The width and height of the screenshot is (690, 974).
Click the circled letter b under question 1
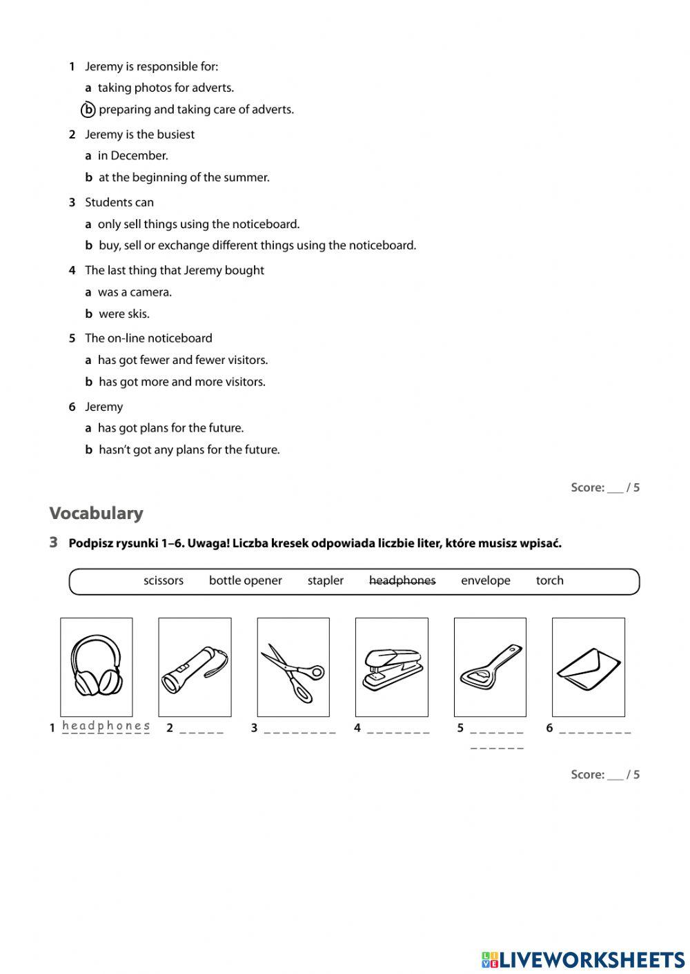[88, 110]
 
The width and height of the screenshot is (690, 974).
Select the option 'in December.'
[132, 156]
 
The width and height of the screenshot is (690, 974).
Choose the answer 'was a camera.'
[135, 292]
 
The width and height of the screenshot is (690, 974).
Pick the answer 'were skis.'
[124, 314]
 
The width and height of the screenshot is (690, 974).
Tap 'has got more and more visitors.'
[181, 382]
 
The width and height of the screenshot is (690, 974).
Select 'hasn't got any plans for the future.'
[188, 449]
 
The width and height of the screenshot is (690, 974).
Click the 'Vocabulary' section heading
[96, 513]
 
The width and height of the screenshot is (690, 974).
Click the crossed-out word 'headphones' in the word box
[402, 580]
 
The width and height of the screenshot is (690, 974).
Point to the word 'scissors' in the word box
[164, 580]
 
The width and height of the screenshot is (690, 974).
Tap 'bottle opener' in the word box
[245, 580]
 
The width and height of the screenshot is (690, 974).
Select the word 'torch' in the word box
[549, 580]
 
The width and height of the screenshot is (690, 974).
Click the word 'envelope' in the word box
[485, 580]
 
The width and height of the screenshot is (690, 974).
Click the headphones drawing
[97, 667]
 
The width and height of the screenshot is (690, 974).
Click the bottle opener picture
[490, 667]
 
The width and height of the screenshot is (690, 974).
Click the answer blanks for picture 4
[398, 729]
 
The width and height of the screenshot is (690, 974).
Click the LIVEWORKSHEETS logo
[583, 960]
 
